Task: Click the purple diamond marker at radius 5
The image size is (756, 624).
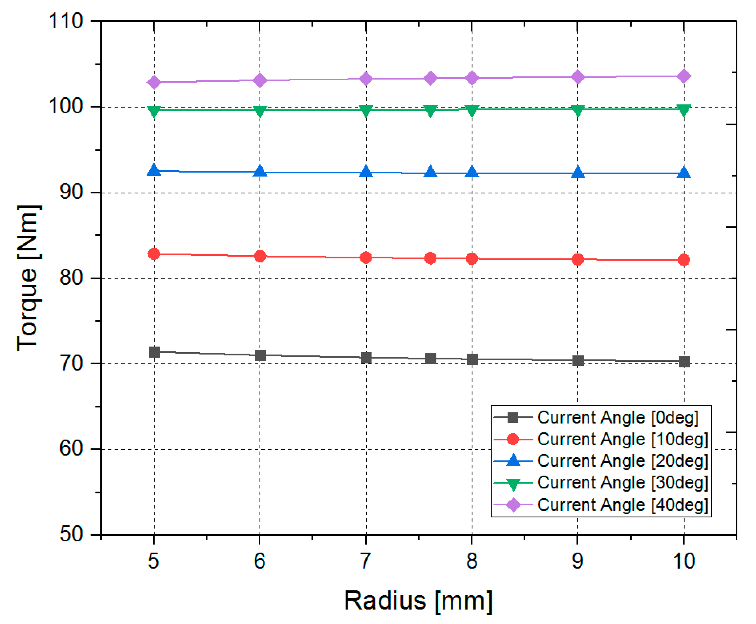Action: tap(154, 82)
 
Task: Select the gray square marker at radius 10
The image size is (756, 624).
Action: tap(684, 361)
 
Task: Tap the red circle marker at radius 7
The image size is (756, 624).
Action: tap(366, 257)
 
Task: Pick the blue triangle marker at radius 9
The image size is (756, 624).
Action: tap(578, 173)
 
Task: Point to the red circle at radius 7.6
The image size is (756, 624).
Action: tap(430, 258)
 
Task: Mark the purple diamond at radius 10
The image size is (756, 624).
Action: tap(684, 76)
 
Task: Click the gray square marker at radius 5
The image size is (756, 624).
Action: tap(154, 352)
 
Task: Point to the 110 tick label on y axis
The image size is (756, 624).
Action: tap(66, 21)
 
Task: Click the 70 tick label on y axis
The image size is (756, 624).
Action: tap(71, 363)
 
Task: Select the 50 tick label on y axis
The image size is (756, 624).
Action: tap(71, 535)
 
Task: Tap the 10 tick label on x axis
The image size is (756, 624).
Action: tap(684, 561)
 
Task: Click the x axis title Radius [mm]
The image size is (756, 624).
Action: tap(418, 601)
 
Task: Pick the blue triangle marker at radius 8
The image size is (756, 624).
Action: tap(472, 173)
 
